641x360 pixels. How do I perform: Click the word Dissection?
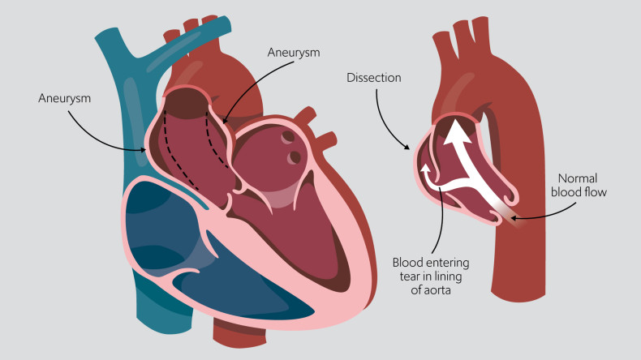374,78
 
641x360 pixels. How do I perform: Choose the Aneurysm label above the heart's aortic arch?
294,51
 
